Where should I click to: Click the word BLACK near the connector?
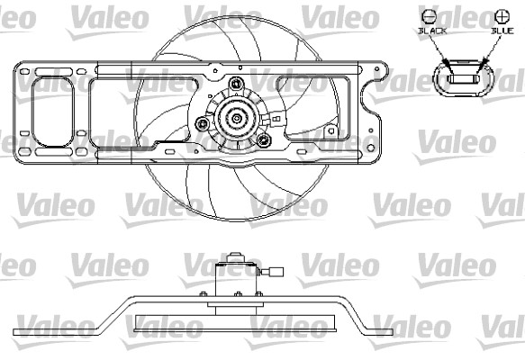[x=432, y=31]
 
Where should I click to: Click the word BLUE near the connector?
[x=502, y=31]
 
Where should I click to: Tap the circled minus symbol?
[x=429, y=16]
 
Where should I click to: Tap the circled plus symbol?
[x=502, y=16]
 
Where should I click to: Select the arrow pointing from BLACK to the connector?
[x=440, y=54]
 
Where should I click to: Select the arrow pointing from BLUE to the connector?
[x=489, y=54]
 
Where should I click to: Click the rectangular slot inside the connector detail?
[x=465, y=79]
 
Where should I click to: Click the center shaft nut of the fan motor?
[x=237, y=118]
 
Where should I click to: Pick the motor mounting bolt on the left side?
[x=203, y=123]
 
